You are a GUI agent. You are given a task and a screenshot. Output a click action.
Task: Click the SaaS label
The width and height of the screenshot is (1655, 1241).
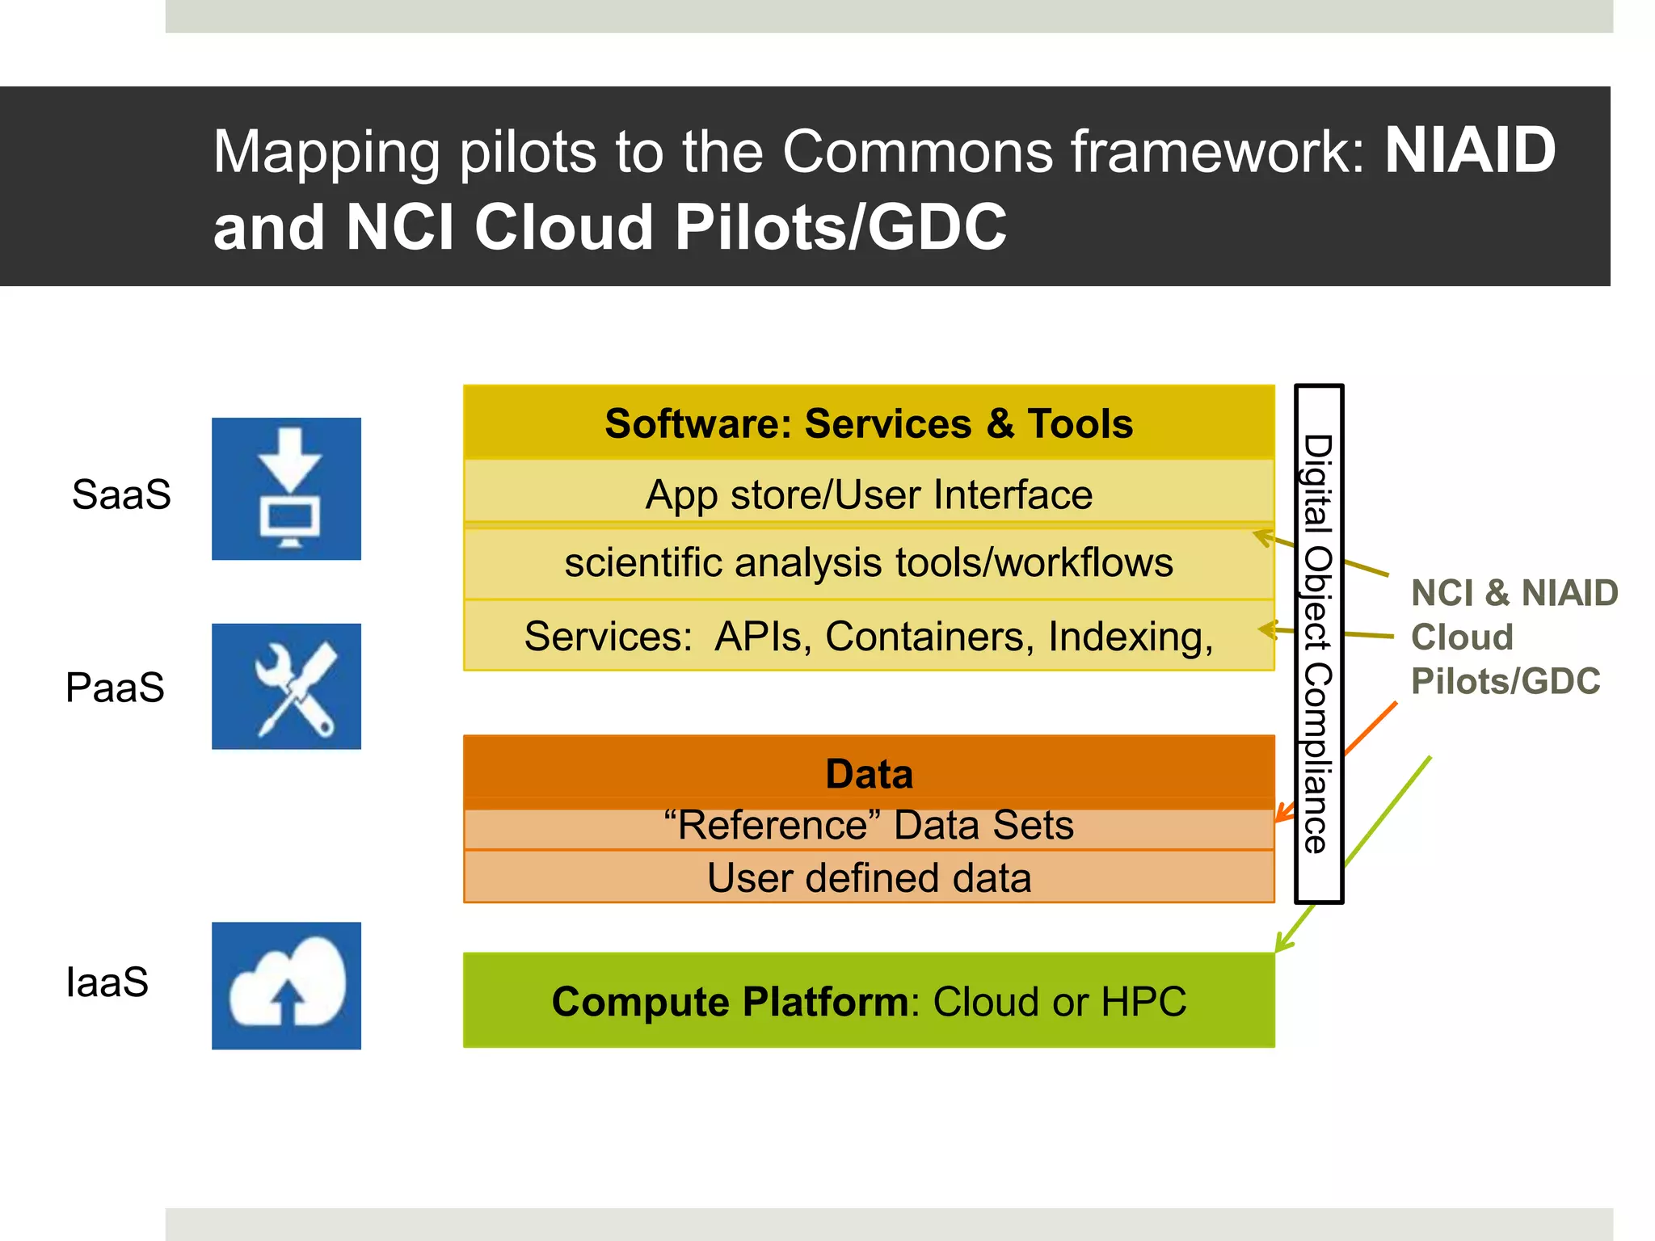[x=121, y=494]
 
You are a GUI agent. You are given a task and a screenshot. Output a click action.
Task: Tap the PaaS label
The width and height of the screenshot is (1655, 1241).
[x=115, y=688]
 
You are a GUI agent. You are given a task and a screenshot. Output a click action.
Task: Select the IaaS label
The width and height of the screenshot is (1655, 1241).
[x=107, y=982]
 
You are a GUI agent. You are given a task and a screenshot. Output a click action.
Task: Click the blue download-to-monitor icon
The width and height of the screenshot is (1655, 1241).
[x=286, y=489]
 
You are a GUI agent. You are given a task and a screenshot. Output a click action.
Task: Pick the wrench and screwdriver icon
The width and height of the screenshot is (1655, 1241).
[x=286, y=687]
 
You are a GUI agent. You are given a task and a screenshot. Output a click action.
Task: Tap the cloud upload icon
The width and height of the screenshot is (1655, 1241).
[x=286, y=986]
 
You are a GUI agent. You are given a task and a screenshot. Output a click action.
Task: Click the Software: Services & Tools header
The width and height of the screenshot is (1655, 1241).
[x=869, y=423]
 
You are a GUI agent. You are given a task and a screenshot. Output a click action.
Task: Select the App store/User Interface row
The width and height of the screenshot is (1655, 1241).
[x=869, y=494]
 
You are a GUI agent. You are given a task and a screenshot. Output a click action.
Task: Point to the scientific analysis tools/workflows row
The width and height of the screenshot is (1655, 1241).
[x=869, y=563]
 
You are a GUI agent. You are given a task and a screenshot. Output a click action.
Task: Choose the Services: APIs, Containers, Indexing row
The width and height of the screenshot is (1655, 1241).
[x=869, y=637]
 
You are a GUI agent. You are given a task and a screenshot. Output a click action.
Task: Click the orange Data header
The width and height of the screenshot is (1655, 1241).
[x=869, y=773]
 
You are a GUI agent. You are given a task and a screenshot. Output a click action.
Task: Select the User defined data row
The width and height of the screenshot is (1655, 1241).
[x=869, y=878]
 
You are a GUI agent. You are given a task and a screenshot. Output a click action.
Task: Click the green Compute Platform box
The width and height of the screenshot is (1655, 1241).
[x=869, y=1002]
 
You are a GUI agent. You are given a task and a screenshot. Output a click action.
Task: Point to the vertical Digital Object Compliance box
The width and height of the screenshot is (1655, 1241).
[x=1319, y=644]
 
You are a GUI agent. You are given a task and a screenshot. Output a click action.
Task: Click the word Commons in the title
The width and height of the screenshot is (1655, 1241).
[x=918, y=152]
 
